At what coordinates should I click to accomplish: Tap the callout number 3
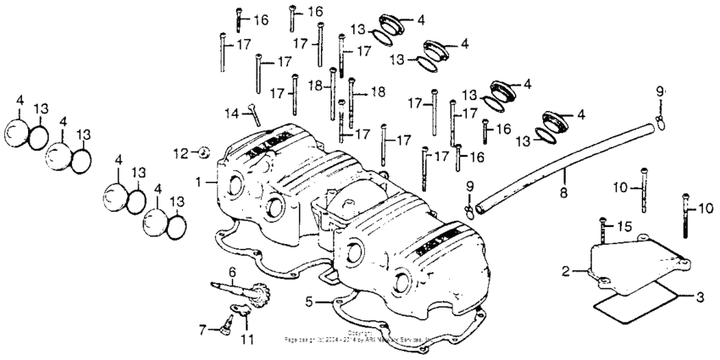click(x=700, y=298)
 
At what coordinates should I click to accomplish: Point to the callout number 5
click(x=310, y=301)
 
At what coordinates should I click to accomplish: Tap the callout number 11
click(x=246, y=339)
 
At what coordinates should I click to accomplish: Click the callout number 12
click(x=180, y=152)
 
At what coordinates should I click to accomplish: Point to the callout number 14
click(x=230, y=113)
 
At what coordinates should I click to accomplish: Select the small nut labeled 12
click(x=202, y=152)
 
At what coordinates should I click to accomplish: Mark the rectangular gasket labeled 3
click(x=635, y=302)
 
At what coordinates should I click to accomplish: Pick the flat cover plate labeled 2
click(x=627, y=263)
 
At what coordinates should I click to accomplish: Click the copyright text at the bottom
click(x=360, y=337)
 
